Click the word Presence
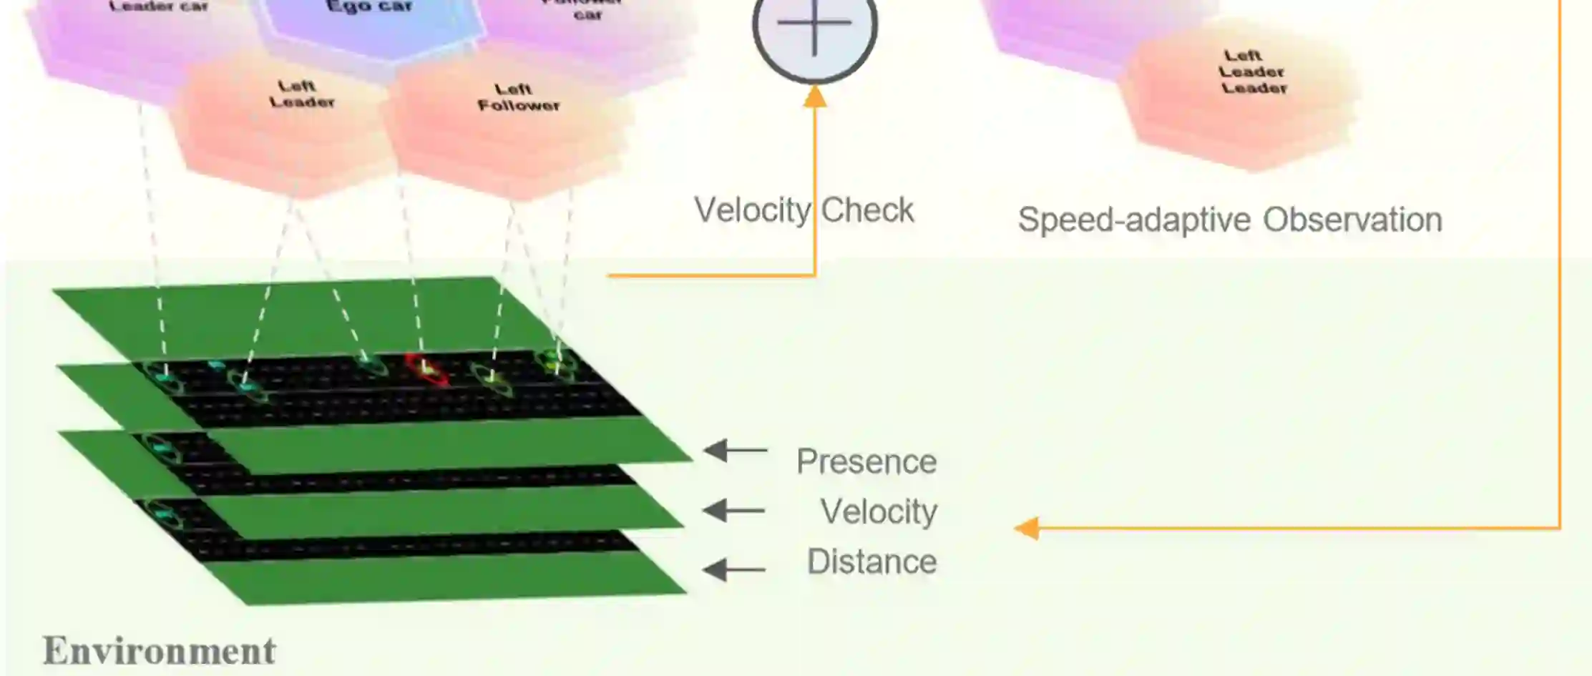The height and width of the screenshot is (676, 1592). pyautogui.click(x=866, y=461)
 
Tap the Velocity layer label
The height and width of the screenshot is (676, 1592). pyautogui.click(x=879, y=511)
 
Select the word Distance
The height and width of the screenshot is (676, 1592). pyautogui.click(x=871, y=562)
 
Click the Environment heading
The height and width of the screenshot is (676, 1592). pyautogui.click(x=159, y=651)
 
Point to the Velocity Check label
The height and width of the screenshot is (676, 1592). pyautogui.click(x=804, y=210)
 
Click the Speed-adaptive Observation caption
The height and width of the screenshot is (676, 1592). pyautogui.click(x=1229, y=220)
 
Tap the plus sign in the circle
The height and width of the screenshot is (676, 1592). pyautogui.click(x=814, y=23)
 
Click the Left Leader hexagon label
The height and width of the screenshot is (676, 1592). pyautogui.click(x=301, y=94)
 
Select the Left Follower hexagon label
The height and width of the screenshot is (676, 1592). pyautogui.click(x=518, y=97)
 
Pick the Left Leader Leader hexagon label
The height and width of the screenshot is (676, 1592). pyautogui.click(x=1252, y=72)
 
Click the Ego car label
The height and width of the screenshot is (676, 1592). pyautogui.click(x=368, y=7)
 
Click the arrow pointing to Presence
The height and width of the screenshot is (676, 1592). pyautogui.click(x=735, y=451)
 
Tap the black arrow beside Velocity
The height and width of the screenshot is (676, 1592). pyautogui.click(x=733, y=511)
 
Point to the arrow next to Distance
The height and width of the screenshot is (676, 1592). pyautogui.click(x=733, y=569)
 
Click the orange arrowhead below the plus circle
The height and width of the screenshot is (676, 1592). pyautogui.click(x=814, y=97)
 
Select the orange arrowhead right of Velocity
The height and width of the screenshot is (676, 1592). pyautogui.click(x=1027, y=529)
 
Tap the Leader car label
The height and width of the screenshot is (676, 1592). pyautogui.click(x=158, y=6)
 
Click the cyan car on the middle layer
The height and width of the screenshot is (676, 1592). pyautogui.click(x=162, y=449)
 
